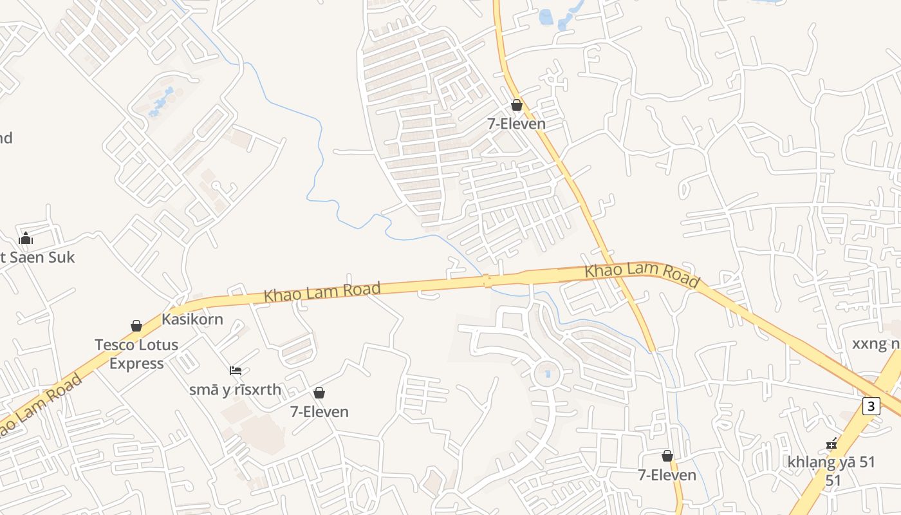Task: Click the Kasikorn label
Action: coord(192,319)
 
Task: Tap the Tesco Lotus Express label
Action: coord(136,353)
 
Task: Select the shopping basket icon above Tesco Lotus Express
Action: coord(136,326)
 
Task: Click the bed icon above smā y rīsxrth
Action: coord(236,371)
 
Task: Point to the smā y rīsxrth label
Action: coord(235,389)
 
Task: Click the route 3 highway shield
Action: coord(871,406)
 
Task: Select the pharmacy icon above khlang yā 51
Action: coord(831,444)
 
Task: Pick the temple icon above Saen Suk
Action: coord(26,239)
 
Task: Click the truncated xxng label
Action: coord(876,344)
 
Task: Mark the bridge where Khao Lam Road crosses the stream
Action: coord(487,281)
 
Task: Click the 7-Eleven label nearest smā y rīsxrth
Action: coord(319,411)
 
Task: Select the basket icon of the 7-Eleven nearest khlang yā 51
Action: coord(667,456)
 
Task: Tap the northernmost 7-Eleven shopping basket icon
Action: coord(517,105)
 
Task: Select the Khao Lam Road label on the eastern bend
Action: coord(642,274)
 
